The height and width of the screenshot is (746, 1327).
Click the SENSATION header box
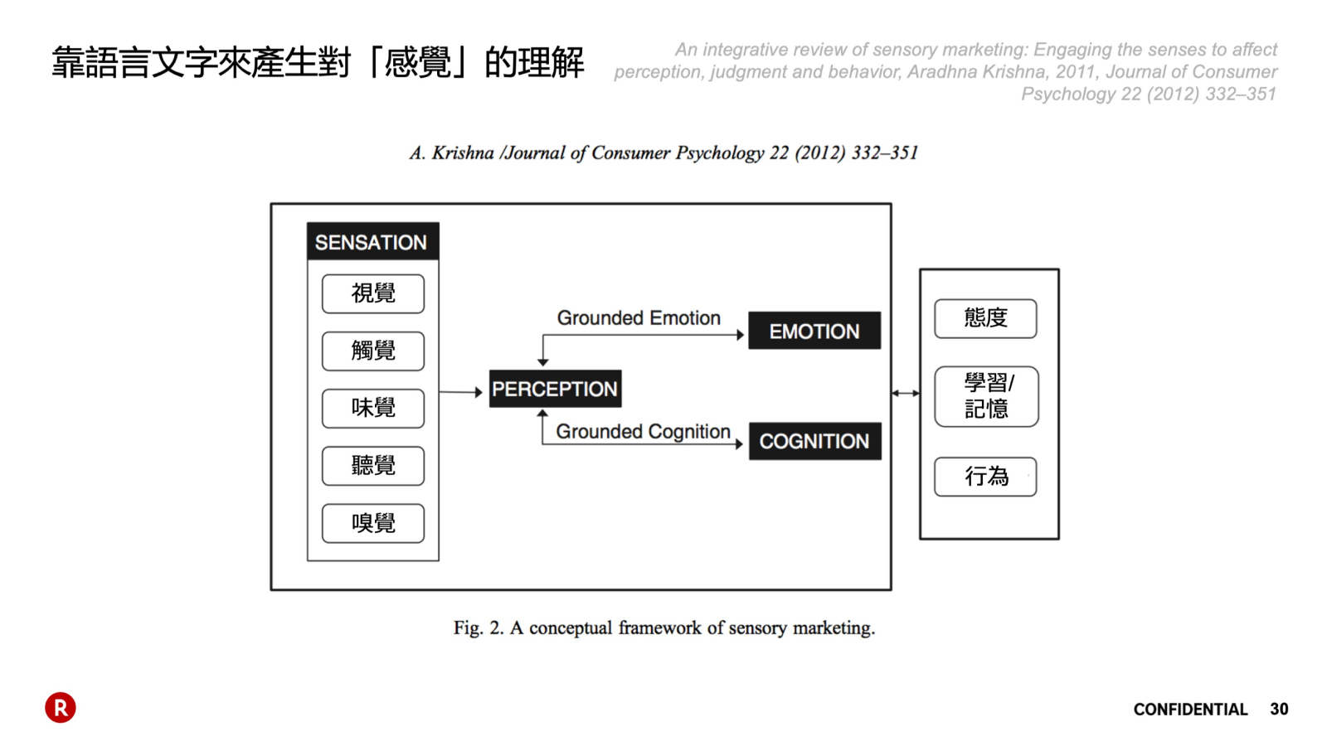coord(372,242)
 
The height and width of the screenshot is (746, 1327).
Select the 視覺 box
coord(373,293)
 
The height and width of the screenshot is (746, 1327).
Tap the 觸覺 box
coord(373,351)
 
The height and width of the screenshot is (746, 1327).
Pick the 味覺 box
coord(373,408)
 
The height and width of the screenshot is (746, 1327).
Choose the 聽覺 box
coord(373,465)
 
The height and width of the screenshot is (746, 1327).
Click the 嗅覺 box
coord(373,523)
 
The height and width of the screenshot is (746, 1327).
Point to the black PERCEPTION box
coord(555,389)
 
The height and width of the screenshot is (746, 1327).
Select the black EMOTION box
coord(814,331)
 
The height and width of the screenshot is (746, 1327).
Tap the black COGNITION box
coord(814,441)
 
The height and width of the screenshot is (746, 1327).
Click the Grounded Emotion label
coord(639,318)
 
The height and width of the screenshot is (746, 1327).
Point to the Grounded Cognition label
coord(643,432)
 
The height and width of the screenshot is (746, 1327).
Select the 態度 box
coord(985,318)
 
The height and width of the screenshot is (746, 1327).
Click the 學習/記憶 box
coord(986,396)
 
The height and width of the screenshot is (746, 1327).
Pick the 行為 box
coord(985,477)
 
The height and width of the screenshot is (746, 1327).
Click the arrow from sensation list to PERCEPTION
coord(460,392)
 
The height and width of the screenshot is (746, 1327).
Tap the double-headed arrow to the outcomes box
coord(906,393)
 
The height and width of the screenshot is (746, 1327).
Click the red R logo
coord(61,707)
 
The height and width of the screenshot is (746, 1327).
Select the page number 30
coord(1279,710)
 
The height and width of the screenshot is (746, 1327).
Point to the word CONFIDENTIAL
coord(1190,710)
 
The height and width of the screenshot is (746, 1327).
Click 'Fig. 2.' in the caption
coord(478,628)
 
